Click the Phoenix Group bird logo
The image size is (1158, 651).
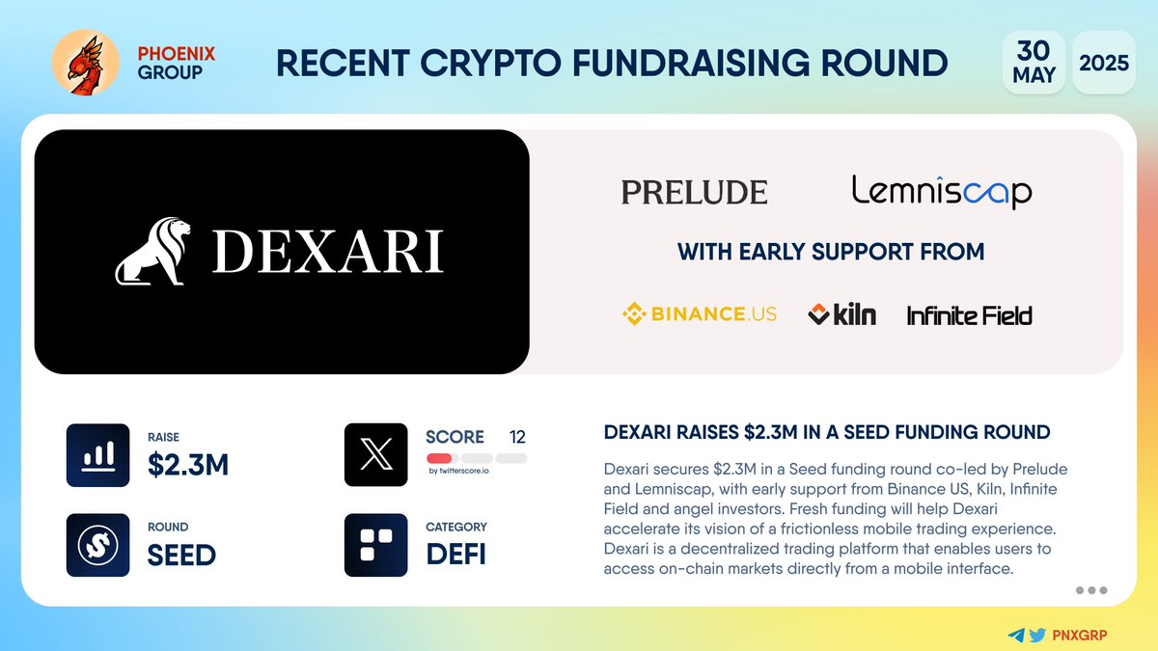pyautogui.click(x=85, y=63)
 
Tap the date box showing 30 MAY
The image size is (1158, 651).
pyautogui.click(x=1034, y=63)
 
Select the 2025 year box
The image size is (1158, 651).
pyautogui.click(x=1104, y=63)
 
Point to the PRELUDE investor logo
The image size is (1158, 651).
pyautogui.click(x=695, y=192)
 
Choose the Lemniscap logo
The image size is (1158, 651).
pyautogui.click(x=942, y=191)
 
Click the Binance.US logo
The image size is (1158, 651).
pyautogui.click(x=700, y=313)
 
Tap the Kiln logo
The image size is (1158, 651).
pyautogui.click(x=841, y=313)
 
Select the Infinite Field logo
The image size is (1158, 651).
pyautogui.click(x=969, y=314)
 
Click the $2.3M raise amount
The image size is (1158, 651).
pyautogui.click(x=188, y=465)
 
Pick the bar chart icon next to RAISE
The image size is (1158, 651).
pyautogui.click(x=97, y=454)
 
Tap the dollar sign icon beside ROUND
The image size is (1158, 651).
pyautogui.click(x=97, y=545)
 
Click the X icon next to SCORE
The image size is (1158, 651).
pyautogui.click(x=375, y=454)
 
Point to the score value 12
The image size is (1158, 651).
pyautogui.click(x=516, y=437)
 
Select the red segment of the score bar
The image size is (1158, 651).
pyautogui.click(x=439, y=458)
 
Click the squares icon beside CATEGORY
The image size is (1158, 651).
pyautogui.click(x=375, y=545)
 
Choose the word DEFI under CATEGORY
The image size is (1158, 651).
pyautogui.click(x=455, y=555)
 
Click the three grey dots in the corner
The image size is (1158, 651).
pyautogui.click(x=1090, y=590)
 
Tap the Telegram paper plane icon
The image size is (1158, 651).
pyautogui.click(x=1015, y=636)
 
